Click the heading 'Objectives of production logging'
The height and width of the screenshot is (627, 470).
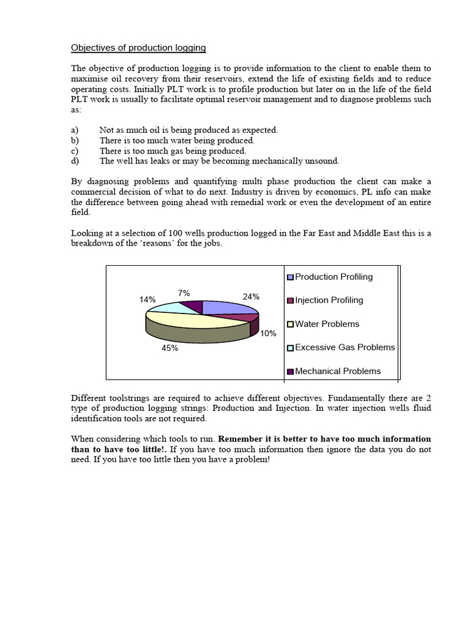coord(138,48)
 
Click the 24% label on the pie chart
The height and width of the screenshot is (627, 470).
coord(251,296)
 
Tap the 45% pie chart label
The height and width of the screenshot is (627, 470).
coord(170,348)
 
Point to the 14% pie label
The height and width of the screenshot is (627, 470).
coord(147,299)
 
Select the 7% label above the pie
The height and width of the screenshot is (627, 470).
coord(184,293)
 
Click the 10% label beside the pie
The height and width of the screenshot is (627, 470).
coord(268,334)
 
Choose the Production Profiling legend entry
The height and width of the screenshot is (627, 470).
coord(334,277)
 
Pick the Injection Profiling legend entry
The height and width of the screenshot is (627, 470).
coord(329,300)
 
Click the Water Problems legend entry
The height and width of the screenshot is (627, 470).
coord(327,324)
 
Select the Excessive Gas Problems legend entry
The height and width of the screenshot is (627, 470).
coord(345,347)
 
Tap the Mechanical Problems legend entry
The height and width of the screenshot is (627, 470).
coord(337,371)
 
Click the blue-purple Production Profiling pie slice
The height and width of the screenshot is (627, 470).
coord(226,308)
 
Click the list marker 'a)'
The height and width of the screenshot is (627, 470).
coord(75,130)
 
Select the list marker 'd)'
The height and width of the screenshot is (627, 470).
coord(75,161)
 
